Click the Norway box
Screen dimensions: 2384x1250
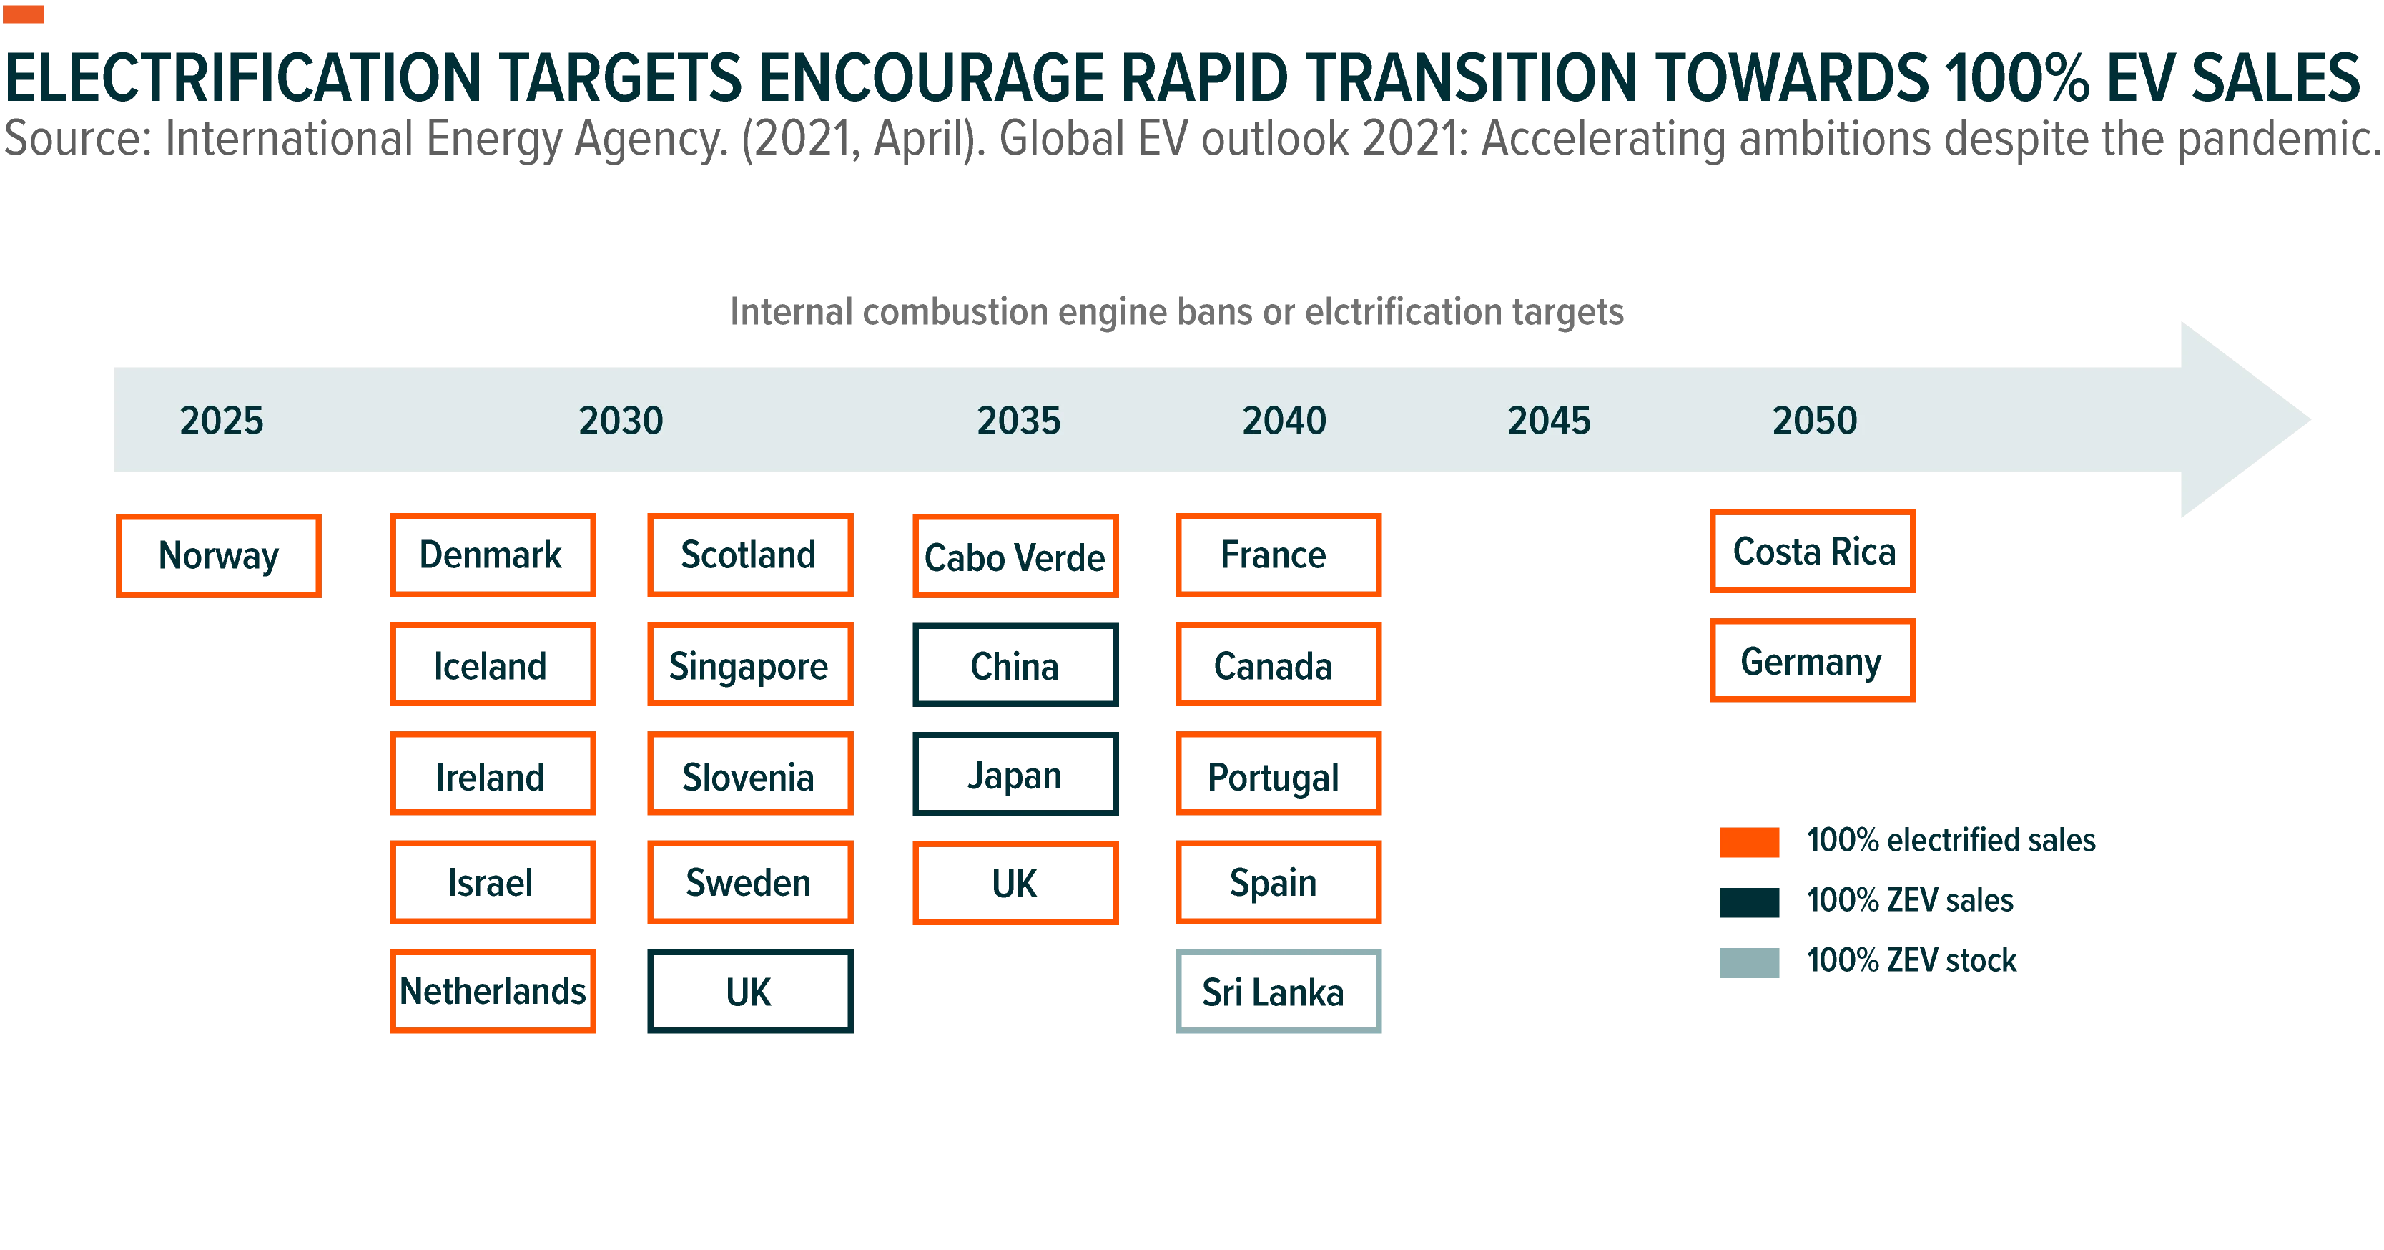point(218,555)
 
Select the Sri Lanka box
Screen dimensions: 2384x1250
point(1278,992)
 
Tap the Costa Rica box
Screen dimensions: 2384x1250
point(1812,551)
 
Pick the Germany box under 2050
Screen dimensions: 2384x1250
point(1812,661)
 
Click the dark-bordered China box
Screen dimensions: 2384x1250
point(1015,665)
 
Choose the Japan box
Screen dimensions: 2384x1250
point(1015,774)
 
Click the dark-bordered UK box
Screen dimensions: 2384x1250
point(749,992)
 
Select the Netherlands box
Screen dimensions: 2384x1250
point(493,992)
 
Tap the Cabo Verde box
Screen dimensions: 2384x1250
point(1015,555)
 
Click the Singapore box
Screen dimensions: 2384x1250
point(749,665)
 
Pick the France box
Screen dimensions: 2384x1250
point(1278,555)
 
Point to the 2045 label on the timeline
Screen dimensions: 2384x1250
point(1550,421)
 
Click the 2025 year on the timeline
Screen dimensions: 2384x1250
point(221,421)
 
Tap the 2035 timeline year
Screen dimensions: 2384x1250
point(1019,421)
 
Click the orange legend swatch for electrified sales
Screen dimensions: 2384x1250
point(1749,841)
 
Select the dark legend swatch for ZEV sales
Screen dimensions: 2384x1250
point(1749,902)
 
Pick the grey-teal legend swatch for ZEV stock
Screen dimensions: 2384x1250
point(1749,962)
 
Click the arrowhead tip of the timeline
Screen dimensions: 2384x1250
point(2309,419)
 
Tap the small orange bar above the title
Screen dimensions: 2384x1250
point(23,14)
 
